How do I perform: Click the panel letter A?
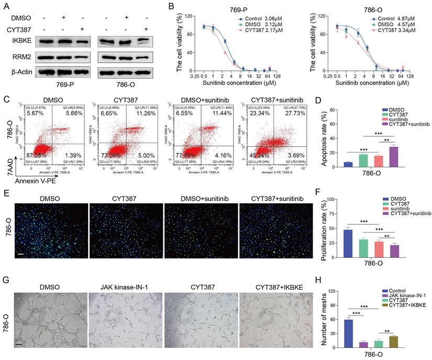7,6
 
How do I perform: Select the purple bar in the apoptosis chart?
386,156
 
